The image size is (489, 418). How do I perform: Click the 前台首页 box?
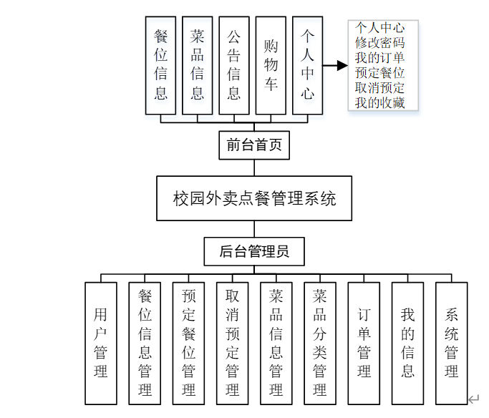tap(254, 145)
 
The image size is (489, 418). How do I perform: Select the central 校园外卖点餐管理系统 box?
tap(254, 198)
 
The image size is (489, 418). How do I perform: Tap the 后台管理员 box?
tap(254, 251)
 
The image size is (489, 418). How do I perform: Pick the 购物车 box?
tap(271, 66)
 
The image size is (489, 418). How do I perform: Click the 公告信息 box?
tap(234, 66)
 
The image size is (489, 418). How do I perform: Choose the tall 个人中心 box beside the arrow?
tap(307, 66)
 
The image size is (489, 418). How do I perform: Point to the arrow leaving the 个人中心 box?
tap(335, 66)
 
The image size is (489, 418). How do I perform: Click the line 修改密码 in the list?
tap(380, 42)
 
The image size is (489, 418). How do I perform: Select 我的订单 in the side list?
tap(380, 57)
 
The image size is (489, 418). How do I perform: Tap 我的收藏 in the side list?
tap(380, 103)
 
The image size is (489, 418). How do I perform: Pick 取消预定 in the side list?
tap(380, 88)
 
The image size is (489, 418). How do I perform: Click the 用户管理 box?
tap(101, 343)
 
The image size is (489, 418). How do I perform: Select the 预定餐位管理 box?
tap(189, 343)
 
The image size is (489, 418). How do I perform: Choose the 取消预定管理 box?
tap(233, 343)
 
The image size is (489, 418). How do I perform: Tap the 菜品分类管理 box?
tap(320, 343)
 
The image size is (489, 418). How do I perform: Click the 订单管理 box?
tap(364, 343)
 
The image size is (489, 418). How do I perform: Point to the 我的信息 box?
tap(407, 343)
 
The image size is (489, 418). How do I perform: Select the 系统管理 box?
tap(451, 343)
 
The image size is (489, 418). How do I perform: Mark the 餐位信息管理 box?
tap(145, 343)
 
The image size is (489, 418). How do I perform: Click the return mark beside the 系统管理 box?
tap(473, 399)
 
